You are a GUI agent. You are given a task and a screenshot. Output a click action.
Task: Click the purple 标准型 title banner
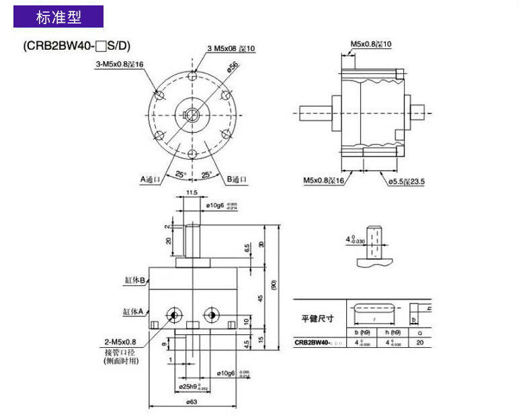[59, 17]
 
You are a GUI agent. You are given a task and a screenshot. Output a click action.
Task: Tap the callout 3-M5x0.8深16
[120, 64]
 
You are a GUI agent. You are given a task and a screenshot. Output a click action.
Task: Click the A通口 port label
[151, 179]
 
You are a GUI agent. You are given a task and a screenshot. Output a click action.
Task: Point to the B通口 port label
[237, 179]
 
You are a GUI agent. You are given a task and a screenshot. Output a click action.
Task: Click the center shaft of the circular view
[193, 113]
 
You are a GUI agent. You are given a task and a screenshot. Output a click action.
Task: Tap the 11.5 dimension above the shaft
[192, 193]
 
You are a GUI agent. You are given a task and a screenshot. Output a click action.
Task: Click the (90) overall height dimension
[273, 285]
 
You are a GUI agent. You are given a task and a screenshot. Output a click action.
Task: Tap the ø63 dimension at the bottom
[192, 403]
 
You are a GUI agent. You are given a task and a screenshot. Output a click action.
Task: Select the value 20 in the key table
[420, 342]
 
